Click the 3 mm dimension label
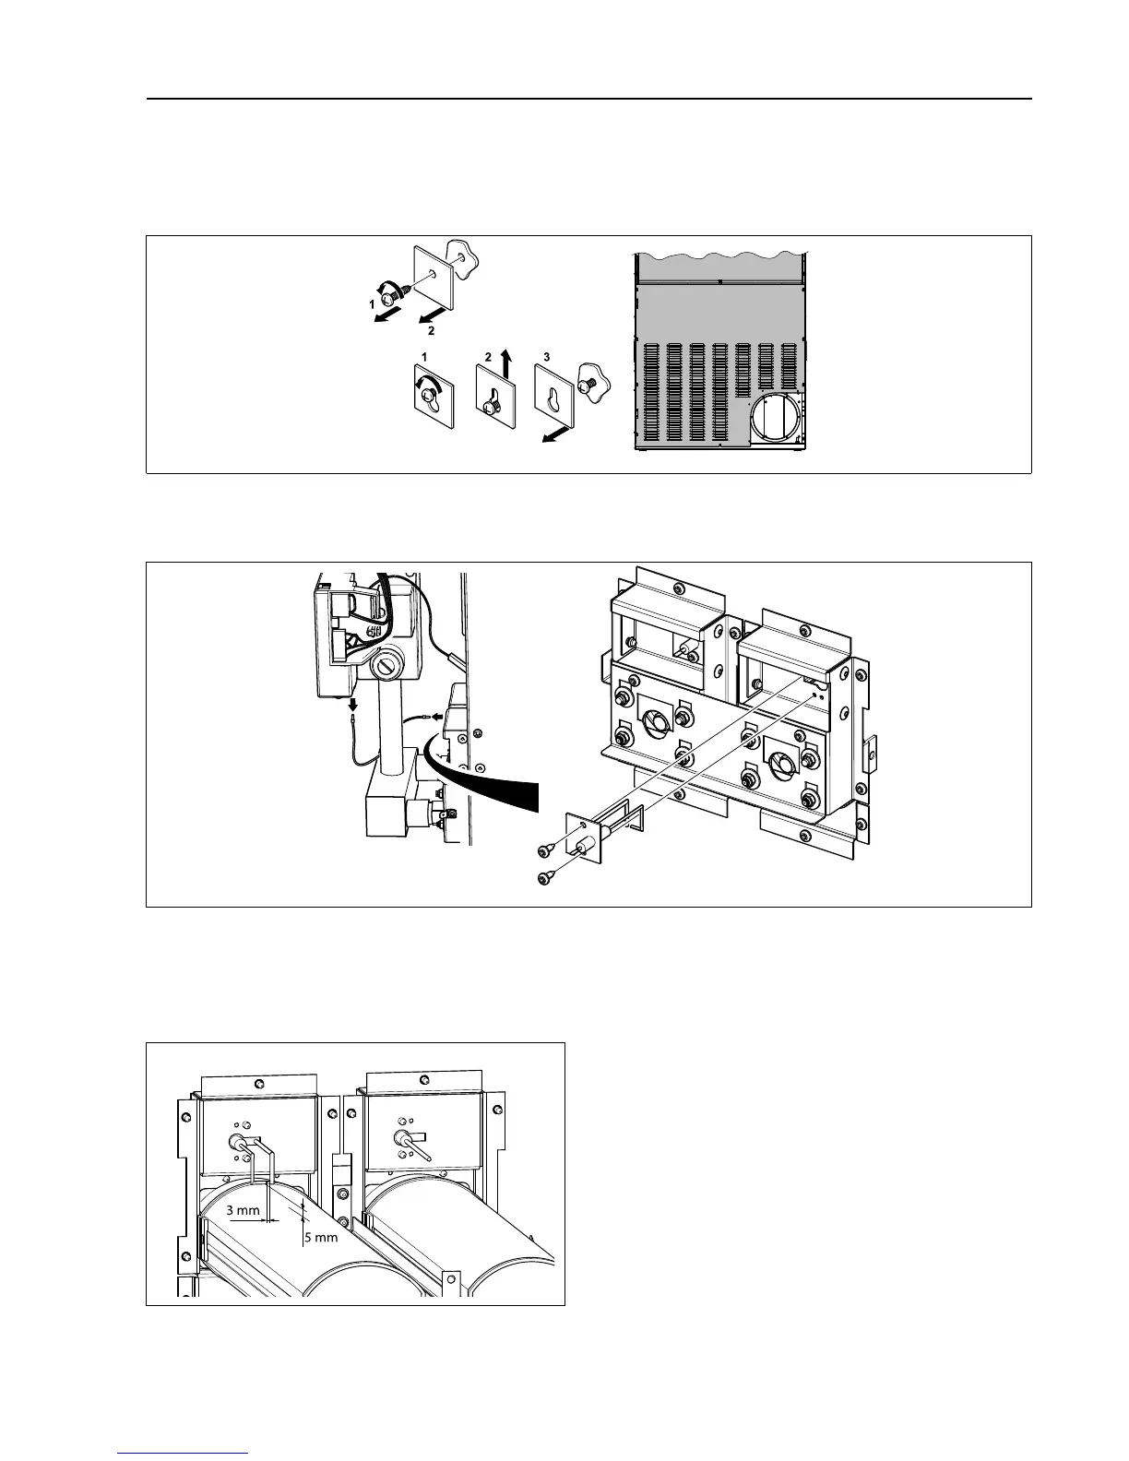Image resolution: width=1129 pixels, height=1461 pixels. pyautogui.click(x=243, y=1211)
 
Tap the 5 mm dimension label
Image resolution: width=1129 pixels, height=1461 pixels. pyautogui.click(x=321, y=1238)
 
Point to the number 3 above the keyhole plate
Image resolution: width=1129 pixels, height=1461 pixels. pyautogui.click(x=547, y=356)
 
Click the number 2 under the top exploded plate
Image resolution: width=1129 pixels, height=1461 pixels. pyautogui.click(x=430, y=329)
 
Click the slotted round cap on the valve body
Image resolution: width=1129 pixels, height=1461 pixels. pyautogui.click(x=386, y=665)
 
